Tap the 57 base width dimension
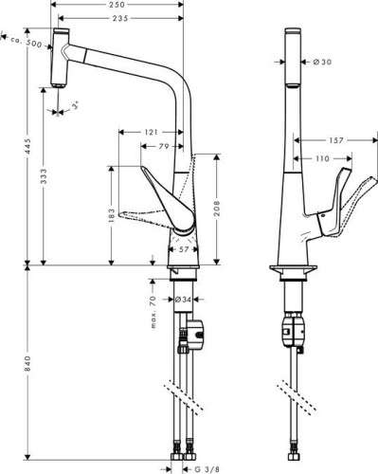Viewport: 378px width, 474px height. point(186,248)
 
